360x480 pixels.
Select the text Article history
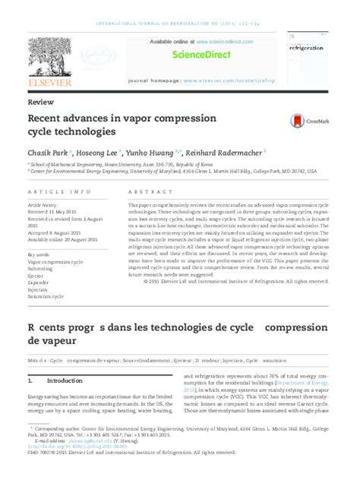(x=43, y=205)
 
